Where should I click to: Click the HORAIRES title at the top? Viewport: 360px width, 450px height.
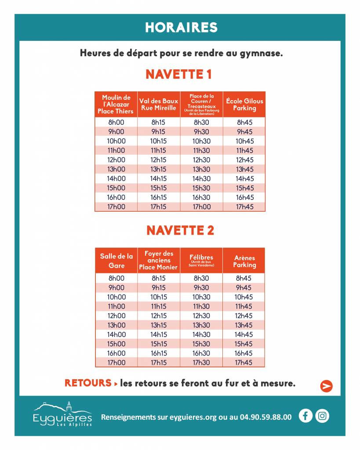point(181,28)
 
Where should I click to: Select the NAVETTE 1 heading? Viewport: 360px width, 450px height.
point(178,74)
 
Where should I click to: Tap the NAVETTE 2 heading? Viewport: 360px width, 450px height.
point(180,230)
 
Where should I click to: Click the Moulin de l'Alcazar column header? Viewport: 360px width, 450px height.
point(116,104)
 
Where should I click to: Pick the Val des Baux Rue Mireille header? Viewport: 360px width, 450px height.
point(159,104)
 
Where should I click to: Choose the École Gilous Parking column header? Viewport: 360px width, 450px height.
point(244,104)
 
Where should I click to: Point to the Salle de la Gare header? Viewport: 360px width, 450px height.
point(116,261)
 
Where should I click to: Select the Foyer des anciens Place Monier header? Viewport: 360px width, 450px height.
point(159,260)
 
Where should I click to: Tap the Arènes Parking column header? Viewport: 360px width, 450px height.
point(244,261)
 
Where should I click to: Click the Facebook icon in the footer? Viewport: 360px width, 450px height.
point(305,416)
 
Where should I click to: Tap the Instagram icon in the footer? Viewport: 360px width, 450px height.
point(322,416)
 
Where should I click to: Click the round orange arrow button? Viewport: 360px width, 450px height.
point(326,386)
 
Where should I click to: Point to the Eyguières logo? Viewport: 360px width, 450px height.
point(63,414)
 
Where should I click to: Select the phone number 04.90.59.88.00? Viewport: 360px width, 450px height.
point(265,417)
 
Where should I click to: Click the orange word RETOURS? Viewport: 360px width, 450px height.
point(88,383)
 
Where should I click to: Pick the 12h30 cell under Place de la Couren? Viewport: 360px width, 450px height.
point(201,160)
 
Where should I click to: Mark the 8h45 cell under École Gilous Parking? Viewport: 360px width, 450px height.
point(245,123)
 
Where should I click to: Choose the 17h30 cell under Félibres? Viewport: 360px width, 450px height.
point(201,363)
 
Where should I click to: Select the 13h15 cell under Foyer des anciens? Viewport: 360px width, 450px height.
point(159,325)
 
